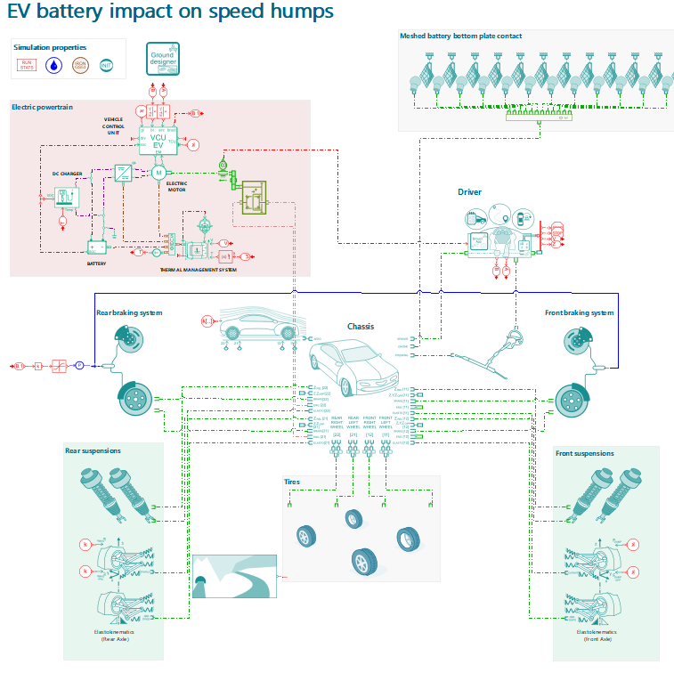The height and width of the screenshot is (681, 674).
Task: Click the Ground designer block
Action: [x=163, y=59]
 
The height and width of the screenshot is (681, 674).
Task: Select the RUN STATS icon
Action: [x=28, y=65]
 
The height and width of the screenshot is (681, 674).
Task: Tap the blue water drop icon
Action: [x=54, y=65]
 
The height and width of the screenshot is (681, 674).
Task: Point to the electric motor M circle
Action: [x=158, y=172]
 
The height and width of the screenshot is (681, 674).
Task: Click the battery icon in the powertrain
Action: [x=96, y=247]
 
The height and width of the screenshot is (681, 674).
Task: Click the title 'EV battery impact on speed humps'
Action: [x=170, y=12]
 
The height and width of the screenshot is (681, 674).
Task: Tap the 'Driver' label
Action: [x=469, y=191]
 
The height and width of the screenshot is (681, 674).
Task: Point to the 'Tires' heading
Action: [x=292, y=482]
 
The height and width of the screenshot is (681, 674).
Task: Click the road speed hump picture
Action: [x=235, y=576]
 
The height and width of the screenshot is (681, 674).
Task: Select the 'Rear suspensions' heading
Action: [x=93, y=450]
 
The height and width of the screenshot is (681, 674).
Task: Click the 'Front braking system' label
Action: [x=579, y=312]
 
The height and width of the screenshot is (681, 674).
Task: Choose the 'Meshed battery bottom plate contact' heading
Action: [x=460, y=36]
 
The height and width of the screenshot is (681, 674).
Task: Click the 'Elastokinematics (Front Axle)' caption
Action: [x=597, y=636]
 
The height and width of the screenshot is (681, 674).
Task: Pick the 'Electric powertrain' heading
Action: [x=42, y=107]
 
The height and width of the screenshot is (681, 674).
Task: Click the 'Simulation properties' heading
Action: [x=50, y=46]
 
